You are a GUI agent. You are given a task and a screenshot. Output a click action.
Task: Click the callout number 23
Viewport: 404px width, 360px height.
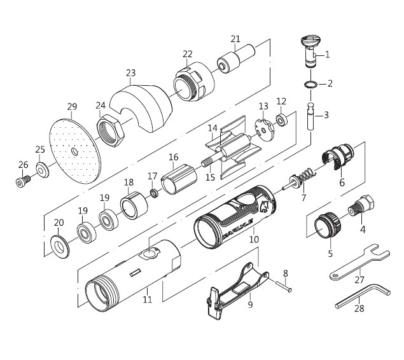[131, 73]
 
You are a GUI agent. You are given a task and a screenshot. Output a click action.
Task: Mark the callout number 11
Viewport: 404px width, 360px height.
[148, 299]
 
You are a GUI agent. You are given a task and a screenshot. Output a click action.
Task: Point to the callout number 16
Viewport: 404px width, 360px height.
[173, 156]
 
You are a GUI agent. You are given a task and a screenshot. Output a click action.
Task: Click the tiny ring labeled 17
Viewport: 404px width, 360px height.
[153, 192]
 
